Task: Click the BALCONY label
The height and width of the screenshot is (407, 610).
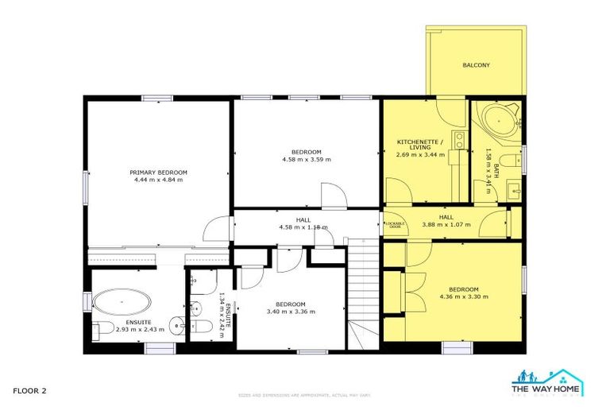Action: click(477, 65)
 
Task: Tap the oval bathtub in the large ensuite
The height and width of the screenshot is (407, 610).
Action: click(122, 303)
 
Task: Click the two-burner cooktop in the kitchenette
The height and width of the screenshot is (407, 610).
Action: click(458, 141)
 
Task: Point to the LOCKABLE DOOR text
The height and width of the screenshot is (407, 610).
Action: click(396, 225)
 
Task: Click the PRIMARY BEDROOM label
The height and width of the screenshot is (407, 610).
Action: click(159, 172)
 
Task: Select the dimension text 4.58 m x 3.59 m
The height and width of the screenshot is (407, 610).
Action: click(306, 160)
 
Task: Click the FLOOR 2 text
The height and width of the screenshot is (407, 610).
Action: click(30, 390)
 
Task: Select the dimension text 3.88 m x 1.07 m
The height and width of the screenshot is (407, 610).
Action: click(446, 225)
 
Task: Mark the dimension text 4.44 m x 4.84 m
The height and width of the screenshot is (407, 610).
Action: click(159, 180)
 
